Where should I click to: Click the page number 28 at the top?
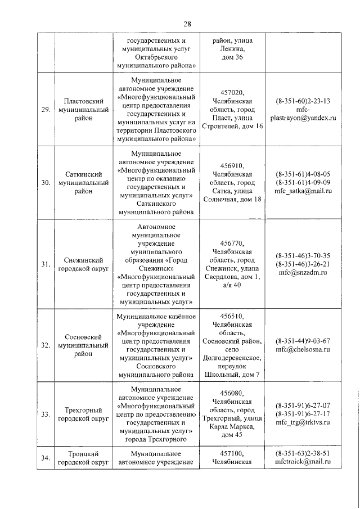pos(187,23)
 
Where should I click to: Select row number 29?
pos(46,109)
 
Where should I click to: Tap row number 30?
pos(46,182)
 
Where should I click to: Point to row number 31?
pos(46,264)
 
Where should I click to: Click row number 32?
pos(46,345)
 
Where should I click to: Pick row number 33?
pos(46,415)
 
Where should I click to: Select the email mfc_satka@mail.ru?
pos(303,191)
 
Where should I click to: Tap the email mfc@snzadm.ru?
pos(303,273)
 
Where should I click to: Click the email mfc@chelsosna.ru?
pos(303,349)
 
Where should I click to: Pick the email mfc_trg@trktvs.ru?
pos(303,423)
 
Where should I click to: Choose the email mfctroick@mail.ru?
pos(303,462)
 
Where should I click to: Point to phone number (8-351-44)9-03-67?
pos(303,341)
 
